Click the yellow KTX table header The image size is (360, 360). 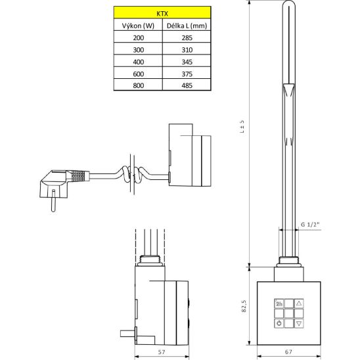pyautogui.click(x=162, y=12)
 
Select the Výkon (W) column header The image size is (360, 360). pyautogui.click(x=138, y=26)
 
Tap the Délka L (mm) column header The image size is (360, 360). pyautogui.click(x=187, y=26)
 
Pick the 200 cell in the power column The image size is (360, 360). pyautogui.click(x=139, y=37)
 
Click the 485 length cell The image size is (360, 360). pyautogui.click(x=187, y=85)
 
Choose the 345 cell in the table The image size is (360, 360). pyautogui.click(x=187, y=62)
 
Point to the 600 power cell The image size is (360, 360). pyautogui.click(x=139, y=74)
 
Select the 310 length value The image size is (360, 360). pyautogui.click(x=187, y=50)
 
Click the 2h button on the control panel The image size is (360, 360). pyautogui.click(x=279, y=304)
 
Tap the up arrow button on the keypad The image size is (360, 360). pyautogui.click(x=299, y=304)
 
